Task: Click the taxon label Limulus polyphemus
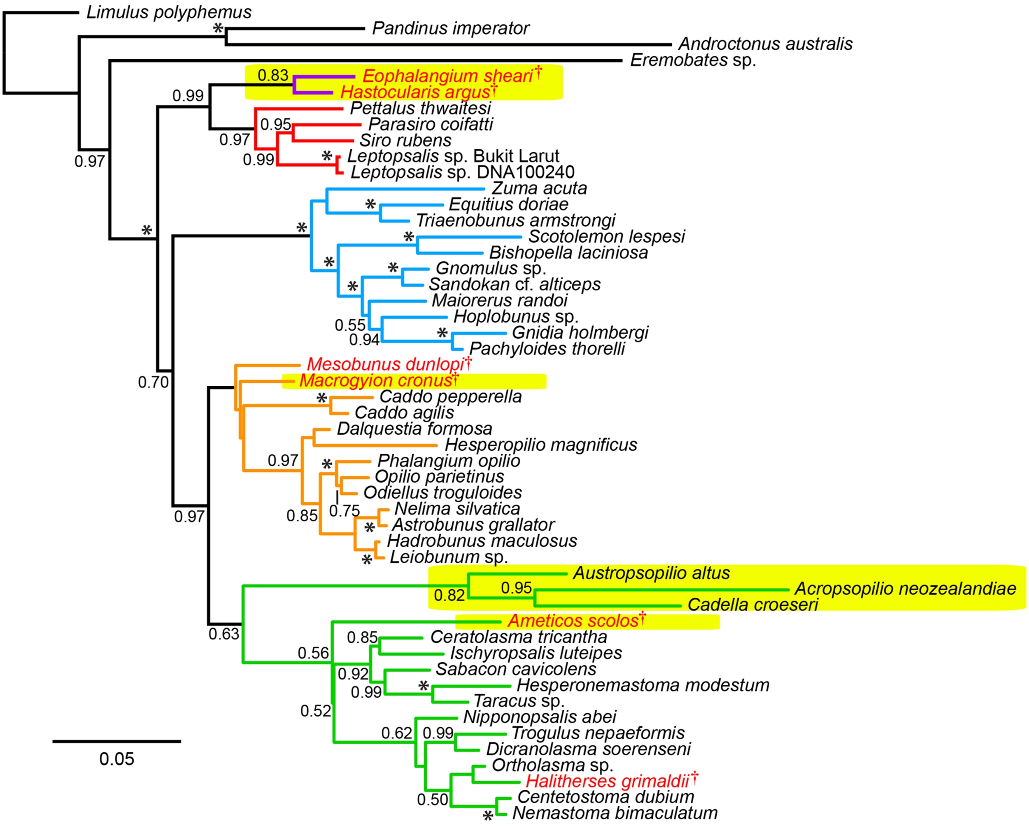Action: (x=168, y=12)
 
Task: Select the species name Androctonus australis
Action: (x=765, y=44)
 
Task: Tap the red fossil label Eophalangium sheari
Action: (x=447, y=76)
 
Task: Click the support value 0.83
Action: (x=272, y=75)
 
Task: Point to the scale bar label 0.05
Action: (x=116, y=759)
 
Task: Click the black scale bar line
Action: (x=116, y=741)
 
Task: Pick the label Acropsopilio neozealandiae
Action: (x=905, y=589)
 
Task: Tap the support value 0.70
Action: (x=153, y=382)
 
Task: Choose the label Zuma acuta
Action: (x=539, y=188)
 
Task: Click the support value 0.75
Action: (x=344, y=511)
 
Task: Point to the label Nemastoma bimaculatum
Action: (x=615, y=813)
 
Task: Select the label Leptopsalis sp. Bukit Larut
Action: (x=453, y=156)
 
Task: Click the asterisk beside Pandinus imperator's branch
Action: (x=218, y=28)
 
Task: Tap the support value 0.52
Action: (x=315, y=711)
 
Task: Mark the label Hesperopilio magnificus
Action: (x=541, y=445)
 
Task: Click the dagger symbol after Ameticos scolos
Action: (x=643, y=617)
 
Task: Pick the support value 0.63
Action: (x=223, y=634)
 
